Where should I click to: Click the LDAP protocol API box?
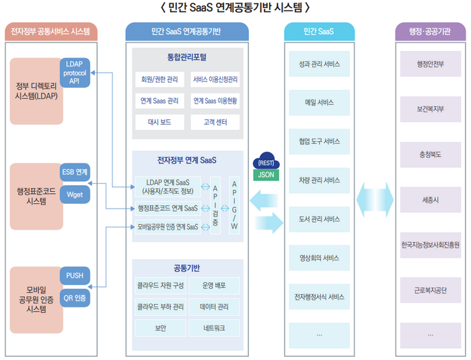click(74, 72)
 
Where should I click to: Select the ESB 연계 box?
click(74, 172)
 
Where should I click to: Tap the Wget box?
click(74, 194)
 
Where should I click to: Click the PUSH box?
click(74, 275)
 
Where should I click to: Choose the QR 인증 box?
click(74, 297)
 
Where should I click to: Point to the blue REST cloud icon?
click(268, 161)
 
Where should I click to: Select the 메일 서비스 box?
click(318, 104)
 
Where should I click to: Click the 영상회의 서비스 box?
click(318, 258)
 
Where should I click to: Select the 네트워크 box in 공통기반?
click(215, 328)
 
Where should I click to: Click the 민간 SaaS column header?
click(318, 31)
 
